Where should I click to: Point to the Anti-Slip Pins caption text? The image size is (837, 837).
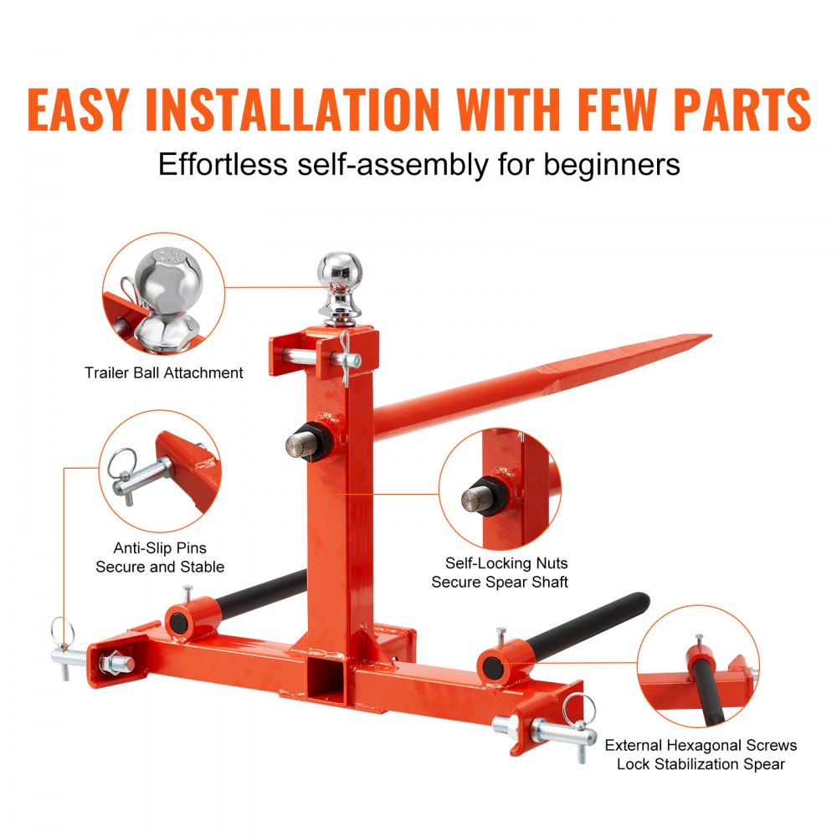tap(160, 557)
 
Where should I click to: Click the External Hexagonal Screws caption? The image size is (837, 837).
tap(701, 754)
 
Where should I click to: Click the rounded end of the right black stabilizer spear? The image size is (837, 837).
tap(640, 600)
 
